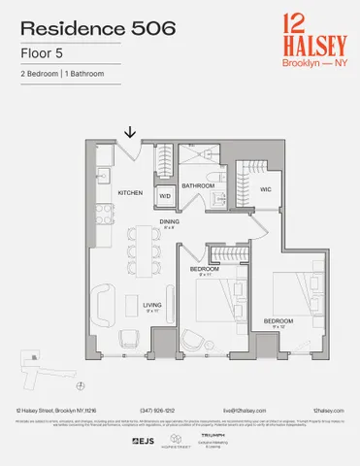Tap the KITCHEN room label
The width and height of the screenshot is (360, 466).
tap(131, 193)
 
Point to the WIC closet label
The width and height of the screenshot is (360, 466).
tap(264, 189)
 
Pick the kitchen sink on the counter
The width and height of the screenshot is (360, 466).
tap(100, 177)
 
